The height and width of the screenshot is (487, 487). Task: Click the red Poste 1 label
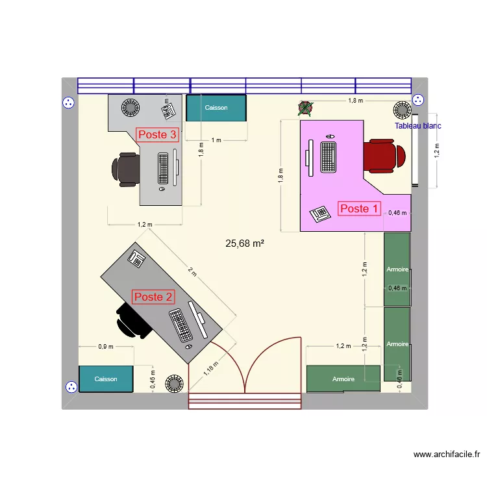coord(359,208)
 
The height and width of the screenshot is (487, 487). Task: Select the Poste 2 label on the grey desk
coord(153,297)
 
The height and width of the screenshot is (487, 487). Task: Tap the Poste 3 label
coord(157,134)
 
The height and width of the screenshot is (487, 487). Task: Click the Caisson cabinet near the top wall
coord(216,108)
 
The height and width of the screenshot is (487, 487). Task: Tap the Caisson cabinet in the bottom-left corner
coord(106,379)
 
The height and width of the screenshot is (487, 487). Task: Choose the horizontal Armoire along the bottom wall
coord(343,379)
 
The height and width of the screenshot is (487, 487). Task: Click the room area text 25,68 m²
coord(244,243)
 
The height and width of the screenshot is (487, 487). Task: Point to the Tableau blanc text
coord(418,126)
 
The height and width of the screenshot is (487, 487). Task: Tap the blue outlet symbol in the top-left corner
coord(69,102)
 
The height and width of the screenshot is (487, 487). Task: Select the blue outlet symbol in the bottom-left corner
coord(70,386)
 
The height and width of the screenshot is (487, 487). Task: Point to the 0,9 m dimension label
coord(105,346)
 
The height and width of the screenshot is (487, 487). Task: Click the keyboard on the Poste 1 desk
coord(329,157)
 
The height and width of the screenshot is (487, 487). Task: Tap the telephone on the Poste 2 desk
coord(137,258)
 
